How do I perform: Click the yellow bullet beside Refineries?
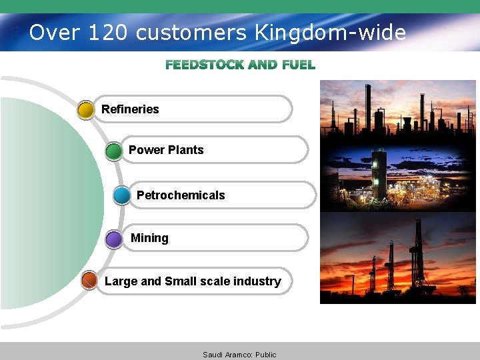pyautogui.click(x=86, y=110)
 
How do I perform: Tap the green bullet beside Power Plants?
pyautogui.click(x=114, y=151)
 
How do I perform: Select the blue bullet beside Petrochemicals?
pyautogui.click(x=122, y=195)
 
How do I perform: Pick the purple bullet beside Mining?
pyautogui.click(x=114, y=239)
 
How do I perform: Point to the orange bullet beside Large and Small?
pyautogui.click(x=89, y=281)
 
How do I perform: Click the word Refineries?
pyautogui.click(x=130, y=109)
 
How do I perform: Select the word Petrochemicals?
pyautogui.click(x=181, y=195)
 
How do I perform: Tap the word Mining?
pyautogui.click(x=149, y=238)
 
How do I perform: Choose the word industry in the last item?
pyautogui.click(x=257, y=281)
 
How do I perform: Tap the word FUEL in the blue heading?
pyautogui.click(x=299, y=65)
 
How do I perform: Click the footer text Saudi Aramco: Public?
pyautogui.click(x=239, y=355)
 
